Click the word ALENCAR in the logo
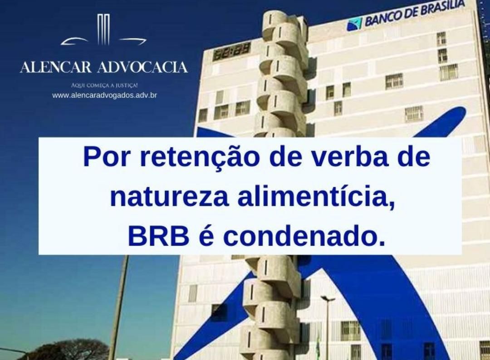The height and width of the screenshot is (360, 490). (56, 68)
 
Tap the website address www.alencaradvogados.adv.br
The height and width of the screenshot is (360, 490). (104, 95)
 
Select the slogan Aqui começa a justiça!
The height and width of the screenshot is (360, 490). (104, 85)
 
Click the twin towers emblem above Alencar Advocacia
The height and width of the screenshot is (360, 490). (104, 29)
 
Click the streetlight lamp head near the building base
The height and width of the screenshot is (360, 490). (328, 298)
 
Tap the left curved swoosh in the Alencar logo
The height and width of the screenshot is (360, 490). (75, 41)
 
